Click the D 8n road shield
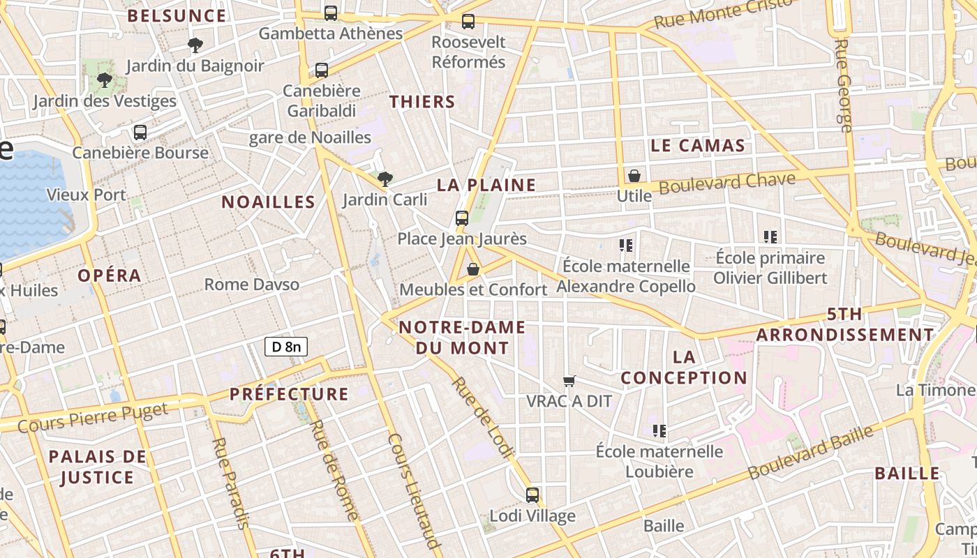tap(286, 347)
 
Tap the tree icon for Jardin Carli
tap(385, 179)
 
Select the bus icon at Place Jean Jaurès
tap(461, 218)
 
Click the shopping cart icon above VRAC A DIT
tap(569, 381)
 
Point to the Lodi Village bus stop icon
tap(532, 495)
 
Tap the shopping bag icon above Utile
tap(634, 176)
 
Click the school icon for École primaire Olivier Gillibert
tap(770, 237)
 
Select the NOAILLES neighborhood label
tap(269, 202)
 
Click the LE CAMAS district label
tap(698, 146)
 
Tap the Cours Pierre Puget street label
tap(92, 416)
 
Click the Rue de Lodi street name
tap(482, 418)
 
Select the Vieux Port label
tap(86, 195)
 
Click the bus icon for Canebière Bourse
tap(140, 133)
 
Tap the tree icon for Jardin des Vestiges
tap(105, 80)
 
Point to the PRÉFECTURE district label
tap(289, 394)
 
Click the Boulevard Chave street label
tap(726, 183)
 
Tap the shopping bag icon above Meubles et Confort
tap(473, 269)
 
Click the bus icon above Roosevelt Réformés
tap(468, 22)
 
